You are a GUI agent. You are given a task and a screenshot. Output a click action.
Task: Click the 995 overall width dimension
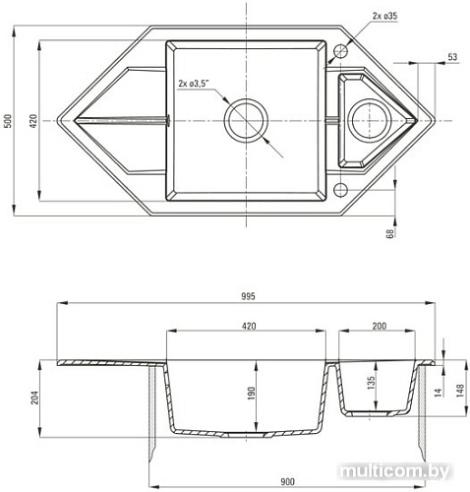click(x=248, y=296)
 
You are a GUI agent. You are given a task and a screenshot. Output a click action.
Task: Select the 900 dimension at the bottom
click(x=287, y=482)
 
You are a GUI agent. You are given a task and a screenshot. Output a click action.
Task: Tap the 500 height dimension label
click(x=9, y=121)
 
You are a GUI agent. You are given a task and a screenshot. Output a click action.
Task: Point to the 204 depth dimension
click(x=34, y=398)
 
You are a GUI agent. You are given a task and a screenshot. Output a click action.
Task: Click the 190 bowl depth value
click(x=251, y=394)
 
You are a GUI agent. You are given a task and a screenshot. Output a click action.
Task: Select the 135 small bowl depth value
click(x=371, y=383)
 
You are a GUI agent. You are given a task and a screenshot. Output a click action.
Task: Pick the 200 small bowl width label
click(x=380, y=326)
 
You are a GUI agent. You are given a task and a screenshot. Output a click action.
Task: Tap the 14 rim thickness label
click(x=438, y=391)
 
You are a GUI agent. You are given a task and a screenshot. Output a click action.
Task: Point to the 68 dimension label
click(x=390, y=233)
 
